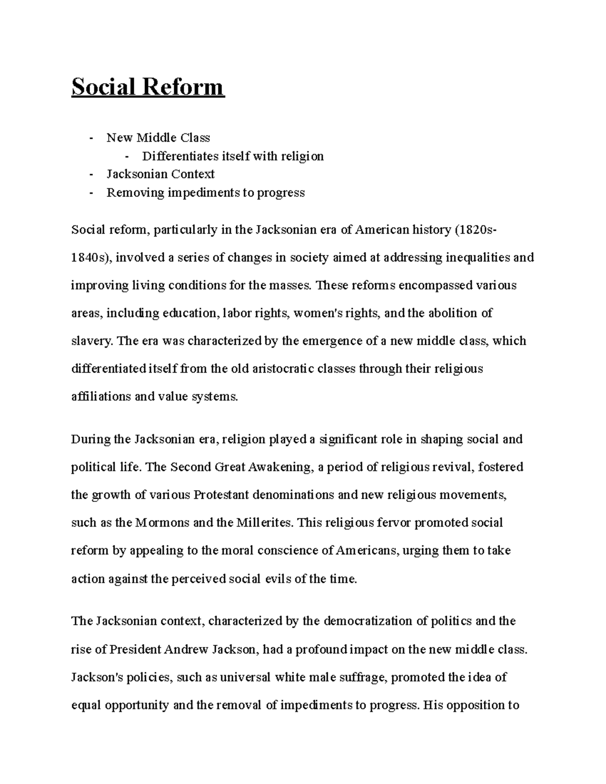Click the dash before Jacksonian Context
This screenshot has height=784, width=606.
(x=91, y=174)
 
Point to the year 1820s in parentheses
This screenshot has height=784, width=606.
(x=478, y=230)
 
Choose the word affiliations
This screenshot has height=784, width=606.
(x=100, y=396)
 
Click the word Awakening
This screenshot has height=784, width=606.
(x=280, y=467)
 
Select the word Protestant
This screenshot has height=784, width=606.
(x=221, y=495)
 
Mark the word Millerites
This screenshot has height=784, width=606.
(x=264, y=522)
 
